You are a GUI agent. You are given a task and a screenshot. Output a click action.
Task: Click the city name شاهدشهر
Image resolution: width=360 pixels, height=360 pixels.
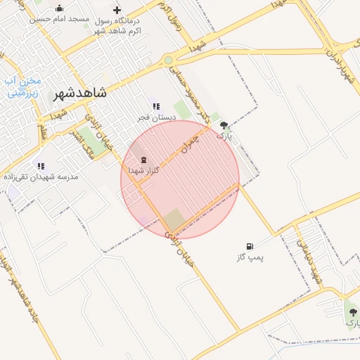point(79,93)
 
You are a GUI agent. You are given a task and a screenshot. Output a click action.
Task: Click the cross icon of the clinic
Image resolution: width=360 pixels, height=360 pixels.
point(117,10)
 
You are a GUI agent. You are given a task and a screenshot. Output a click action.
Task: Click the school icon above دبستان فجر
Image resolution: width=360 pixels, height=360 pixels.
point(156,106)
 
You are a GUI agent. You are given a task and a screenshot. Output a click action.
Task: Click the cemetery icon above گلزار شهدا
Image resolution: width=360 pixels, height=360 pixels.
point(144,160)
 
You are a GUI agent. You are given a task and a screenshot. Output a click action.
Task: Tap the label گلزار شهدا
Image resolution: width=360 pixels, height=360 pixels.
point(144,171)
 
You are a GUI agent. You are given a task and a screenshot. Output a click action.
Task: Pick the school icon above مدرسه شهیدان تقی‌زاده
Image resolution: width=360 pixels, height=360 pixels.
point(41,166)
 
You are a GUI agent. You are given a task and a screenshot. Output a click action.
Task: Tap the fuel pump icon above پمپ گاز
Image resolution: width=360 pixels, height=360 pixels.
point(250,246)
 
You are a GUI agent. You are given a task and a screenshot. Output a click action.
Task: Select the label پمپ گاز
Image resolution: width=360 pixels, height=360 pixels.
point(250,258)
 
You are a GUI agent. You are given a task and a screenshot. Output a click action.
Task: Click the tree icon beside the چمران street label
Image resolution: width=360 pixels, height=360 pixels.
point(224,124)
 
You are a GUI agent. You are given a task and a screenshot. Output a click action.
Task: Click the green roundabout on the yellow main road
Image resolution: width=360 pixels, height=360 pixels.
point(169,60)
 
